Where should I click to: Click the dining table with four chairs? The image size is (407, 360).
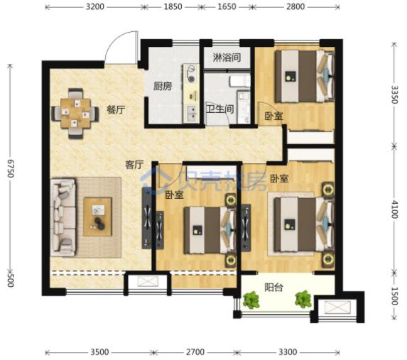click(x=75, y=111)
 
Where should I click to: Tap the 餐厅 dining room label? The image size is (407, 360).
click(x=116, y=110)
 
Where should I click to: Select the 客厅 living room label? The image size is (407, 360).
click(x=134, y=165)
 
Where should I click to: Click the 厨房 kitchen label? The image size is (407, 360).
click(x=163, y=87)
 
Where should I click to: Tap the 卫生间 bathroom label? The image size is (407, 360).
click(x=219, y=110)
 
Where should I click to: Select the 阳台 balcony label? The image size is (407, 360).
click(x=275, y=288)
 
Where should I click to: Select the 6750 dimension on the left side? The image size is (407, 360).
click(x=9, y=170)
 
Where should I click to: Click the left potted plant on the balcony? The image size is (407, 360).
click(x=251, y=300)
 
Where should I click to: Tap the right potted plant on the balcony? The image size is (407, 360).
click(x=304, y=298)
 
